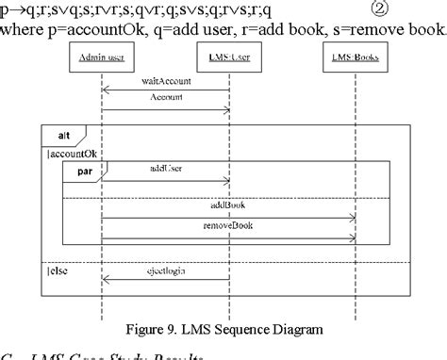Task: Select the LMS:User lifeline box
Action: pyautogui.click(x=229, y=58)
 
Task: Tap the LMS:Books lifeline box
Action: pyautogui.click(x=356, y=58)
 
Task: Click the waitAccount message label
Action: pyautogui.click(x=165, y=82)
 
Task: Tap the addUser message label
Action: pyautogui.click(x=165, y=169)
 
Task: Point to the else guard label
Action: pyautogui.click(x=58, y=272)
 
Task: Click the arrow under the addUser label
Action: pyautogui.click(x=165, y=180)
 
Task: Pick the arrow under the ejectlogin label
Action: pyautogui.click(x=165, y=281)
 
